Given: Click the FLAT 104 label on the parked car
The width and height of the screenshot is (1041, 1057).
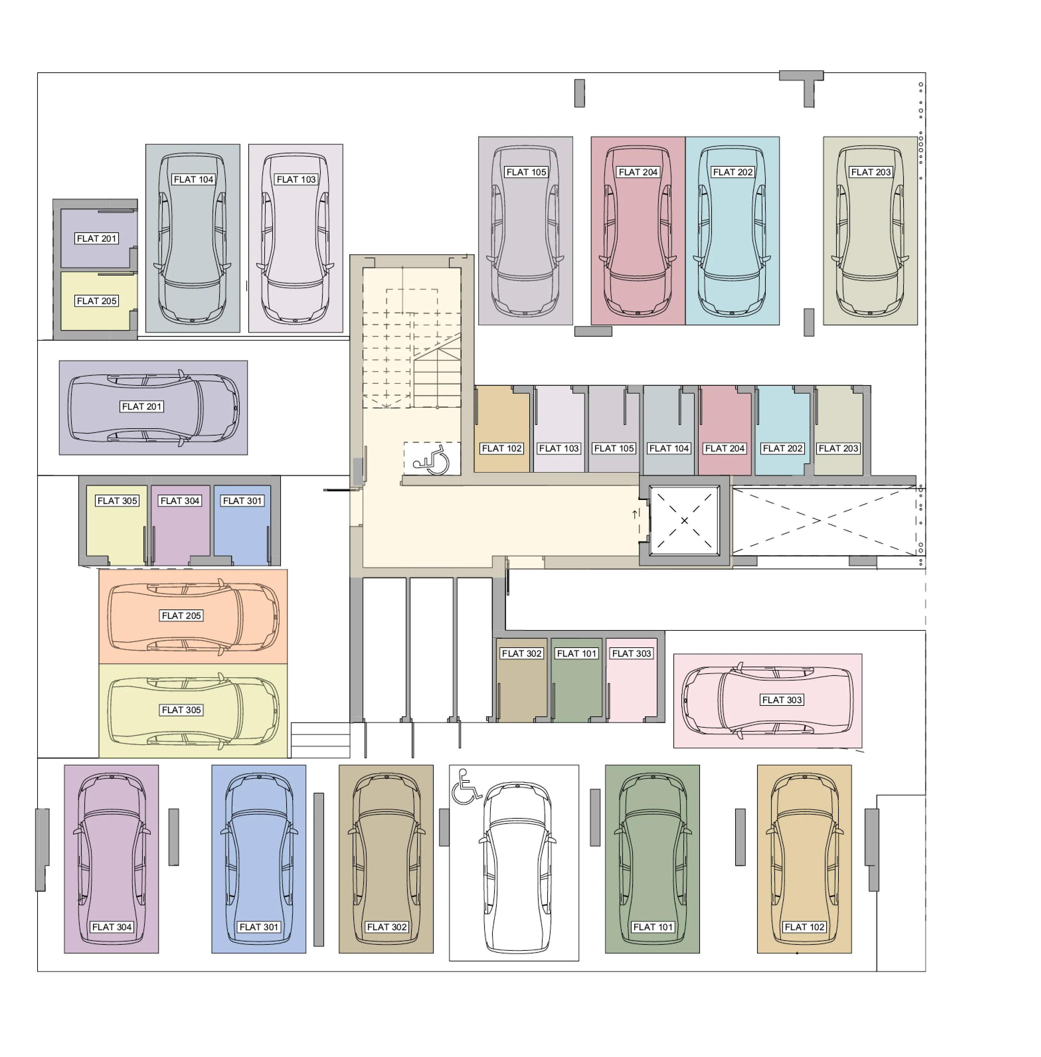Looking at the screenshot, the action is (x=194, y=179).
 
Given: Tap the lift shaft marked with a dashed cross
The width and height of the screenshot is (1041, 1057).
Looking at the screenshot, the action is (x=684, y=520).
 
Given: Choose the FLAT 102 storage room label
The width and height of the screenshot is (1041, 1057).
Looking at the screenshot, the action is (x=502, y=448).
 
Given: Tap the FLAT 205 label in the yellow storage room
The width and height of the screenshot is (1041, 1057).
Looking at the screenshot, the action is (x=97, y=300).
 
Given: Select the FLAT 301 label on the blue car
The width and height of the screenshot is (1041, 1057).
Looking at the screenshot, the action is (x=259, y=927).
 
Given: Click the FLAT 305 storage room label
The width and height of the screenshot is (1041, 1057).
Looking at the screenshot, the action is (x=118, y=501).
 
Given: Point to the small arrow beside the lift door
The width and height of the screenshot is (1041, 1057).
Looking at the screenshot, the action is (x=635, y=514).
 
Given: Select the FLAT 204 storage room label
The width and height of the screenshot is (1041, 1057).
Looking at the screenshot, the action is (x=725, y=448).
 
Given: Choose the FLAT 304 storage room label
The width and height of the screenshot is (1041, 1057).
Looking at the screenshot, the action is (x=180, y=501).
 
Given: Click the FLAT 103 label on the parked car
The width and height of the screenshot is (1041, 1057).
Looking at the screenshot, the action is (x=296, y=179).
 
